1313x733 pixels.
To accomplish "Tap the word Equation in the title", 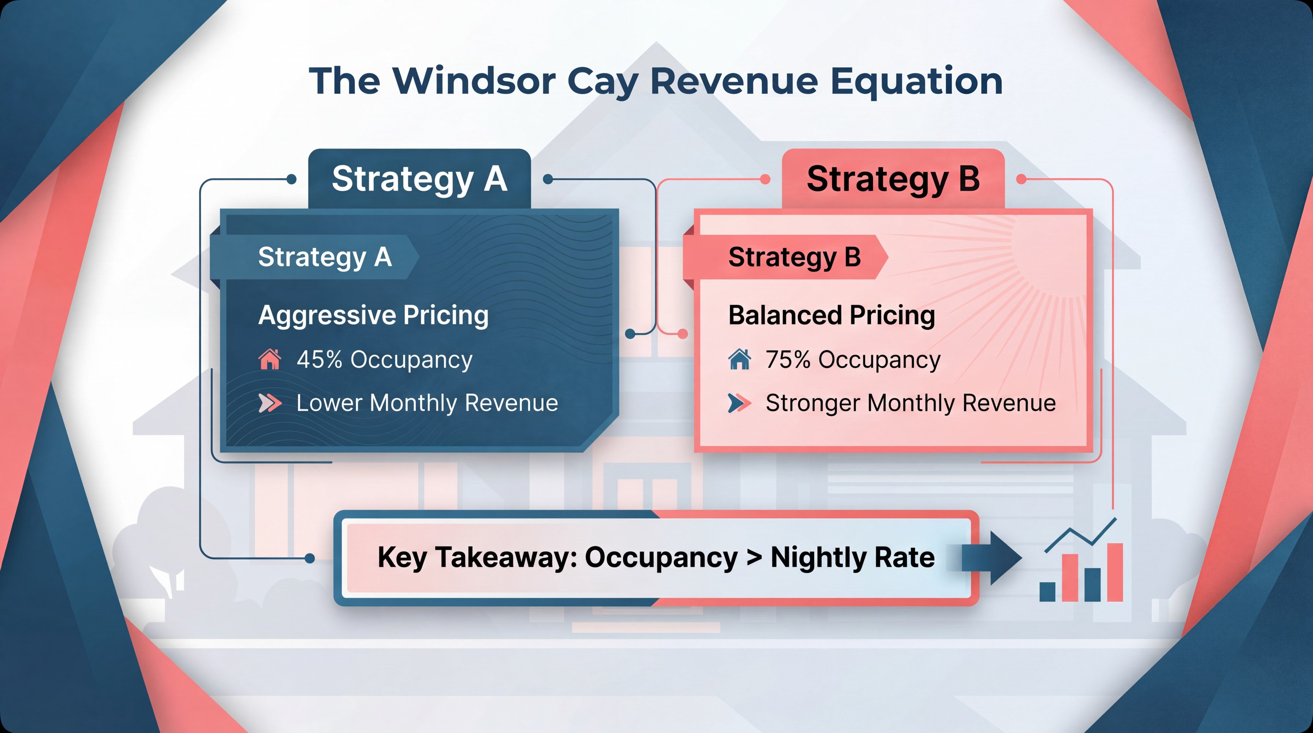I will pyautogui.click(x=916, y=81).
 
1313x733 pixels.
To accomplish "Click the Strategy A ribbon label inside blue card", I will pyautogui.click(x=325, y=257).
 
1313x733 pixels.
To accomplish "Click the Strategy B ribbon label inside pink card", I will pyautogui.click(x=794, y=257).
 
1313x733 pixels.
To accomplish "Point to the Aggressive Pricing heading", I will pyautogui.click(x=373, y=315).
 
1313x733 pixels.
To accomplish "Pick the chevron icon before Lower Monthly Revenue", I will pyautogui.click(x=270, y=403).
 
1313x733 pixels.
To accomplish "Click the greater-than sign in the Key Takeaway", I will pyautogui.click(x=754, y=557).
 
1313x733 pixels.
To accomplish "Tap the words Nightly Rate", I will pyautogui.click(x=852, y=557).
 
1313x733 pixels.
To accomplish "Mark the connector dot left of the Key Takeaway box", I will pyautogui.click(x=309, y=558).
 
